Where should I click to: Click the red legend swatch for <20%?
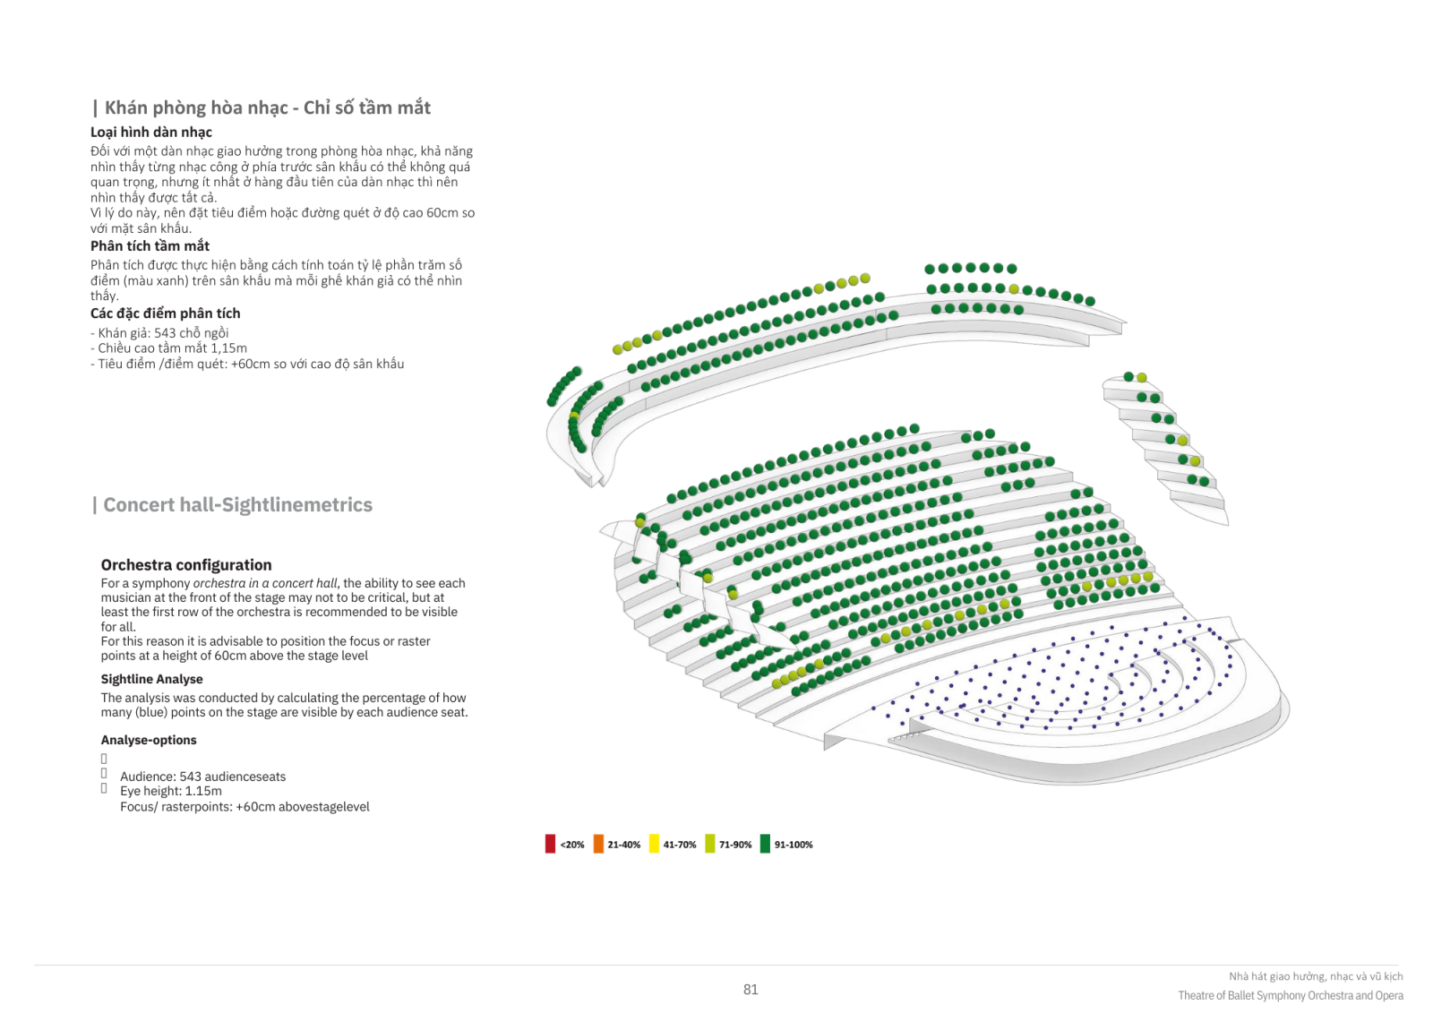click(x=550, y=844)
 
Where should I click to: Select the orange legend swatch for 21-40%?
click(x=599, y=844)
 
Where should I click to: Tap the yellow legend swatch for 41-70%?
click(x=654, y=844)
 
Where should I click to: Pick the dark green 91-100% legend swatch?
click(x=765, y=844)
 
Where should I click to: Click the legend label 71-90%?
click(x=735, y=845)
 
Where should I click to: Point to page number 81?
click(x=751, y=990)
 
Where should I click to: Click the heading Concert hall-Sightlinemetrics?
click(x=238, y=505)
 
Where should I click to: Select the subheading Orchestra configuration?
click(x=186, y=565)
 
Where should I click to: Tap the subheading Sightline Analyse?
click(x=151, y=679)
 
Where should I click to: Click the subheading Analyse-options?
click(x=149, y=740)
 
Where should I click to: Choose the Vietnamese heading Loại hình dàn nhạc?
click(x=151, y=132)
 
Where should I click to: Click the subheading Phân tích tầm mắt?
click(x=150, y=245)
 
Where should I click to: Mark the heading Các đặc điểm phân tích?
click(x=165, y=313)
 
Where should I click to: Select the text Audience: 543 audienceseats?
click(x=202, y=777)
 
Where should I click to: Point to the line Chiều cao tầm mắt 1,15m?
click(x=168, y=348)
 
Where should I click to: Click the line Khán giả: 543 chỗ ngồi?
click(x=159, y=333)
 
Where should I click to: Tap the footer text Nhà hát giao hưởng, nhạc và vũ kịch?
click(x=1316, y=976)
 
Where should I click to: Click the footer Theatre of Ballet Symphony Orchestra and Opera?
click(x=1291, y=996)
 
